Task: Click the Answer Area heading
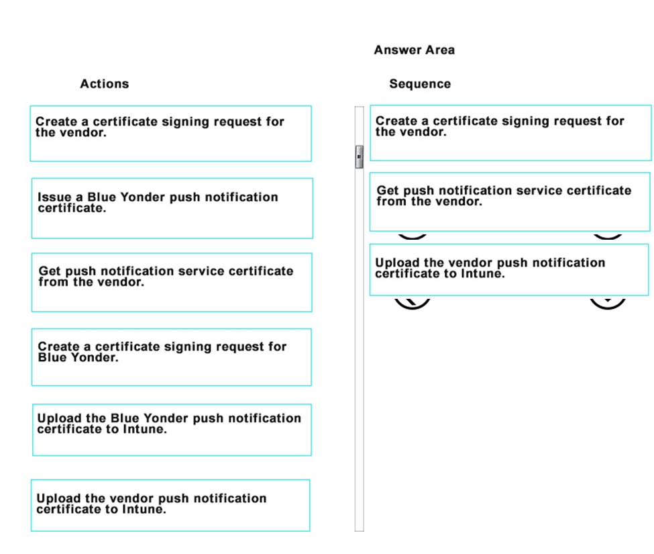[x=414, y=50]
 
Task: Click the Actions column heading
[x=104, y=83]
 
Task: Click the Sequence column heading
[x=420, y=83]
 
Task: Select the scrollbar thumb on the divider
[x=359, y=157]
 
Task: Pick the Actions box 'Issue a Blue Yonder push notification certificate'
[x=172, y=208]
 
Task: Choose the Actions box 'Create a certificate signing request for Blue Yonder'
[x=172, y=357]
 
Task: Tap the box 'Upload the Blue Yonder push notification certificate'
[x=172, y=430]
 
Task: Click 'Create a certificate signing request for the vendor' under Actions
[x=170, y=134]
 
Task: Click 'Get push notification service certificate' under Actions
[x=172, y=282]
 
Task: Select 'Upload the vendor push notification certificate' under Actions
[x=170, y=505]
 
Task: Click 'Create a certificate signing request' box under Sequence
[x=510, y=133]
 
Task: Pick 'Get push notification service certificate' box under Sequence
[x=510, y=201]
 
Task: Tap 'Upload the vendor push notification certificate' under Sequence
[x=509, y=270]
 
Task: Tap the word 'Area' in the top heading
[x=441, y=50]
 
